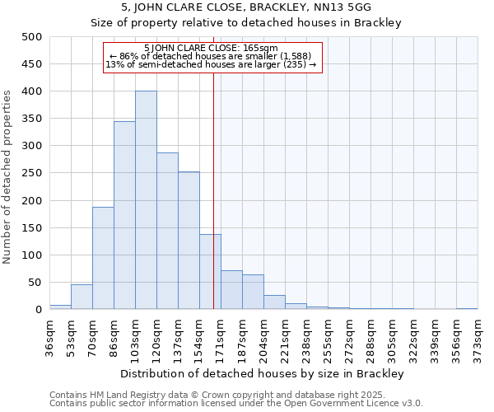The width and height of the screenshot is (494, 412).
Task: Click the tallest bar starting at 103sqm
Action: [x=146, y=200]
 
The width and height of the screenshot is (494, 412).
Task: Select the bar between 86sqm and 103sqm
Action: [x=124, y=215]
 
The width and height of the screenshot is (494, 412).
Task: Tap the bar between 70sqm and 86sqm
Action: [x=103, y=258]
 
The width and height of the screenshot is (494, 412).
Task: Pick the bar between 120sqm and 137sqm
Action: [x=167, y=231]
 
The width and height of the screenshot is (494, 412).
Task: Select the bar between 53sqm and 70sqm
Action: [x=82, y=297]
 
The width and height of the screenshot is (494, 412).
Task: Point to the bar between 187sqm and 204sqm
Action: [x=253, y=292]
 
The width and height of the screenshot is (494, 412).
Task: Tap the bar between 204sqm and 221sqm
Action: [x=274, y=302]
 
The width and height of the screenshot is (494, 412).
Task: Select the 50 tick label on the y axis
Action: [x=35, y=283]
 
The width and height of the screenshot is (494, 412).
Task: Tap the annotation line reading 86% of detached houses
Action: [x=212, y=56]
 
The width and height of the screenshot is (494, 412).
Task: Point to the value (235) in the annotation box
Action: [x=296, y=64]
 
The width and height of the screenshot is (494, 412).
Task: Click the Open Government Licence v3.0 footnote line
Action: [x=235, y=403]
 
